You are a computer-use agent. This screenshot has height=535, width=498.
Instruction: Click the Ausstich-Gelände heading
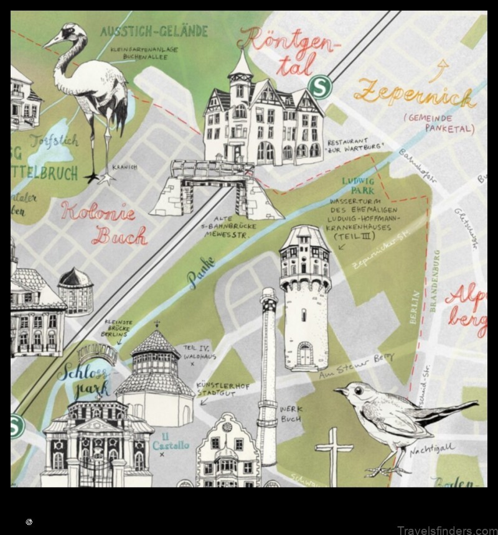(154, 31)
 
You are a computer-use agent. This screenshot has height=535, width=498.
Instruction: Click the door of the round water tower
(304, 355)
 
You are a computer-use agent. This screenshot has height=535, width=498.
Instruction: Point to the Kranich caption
(125, 167)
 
